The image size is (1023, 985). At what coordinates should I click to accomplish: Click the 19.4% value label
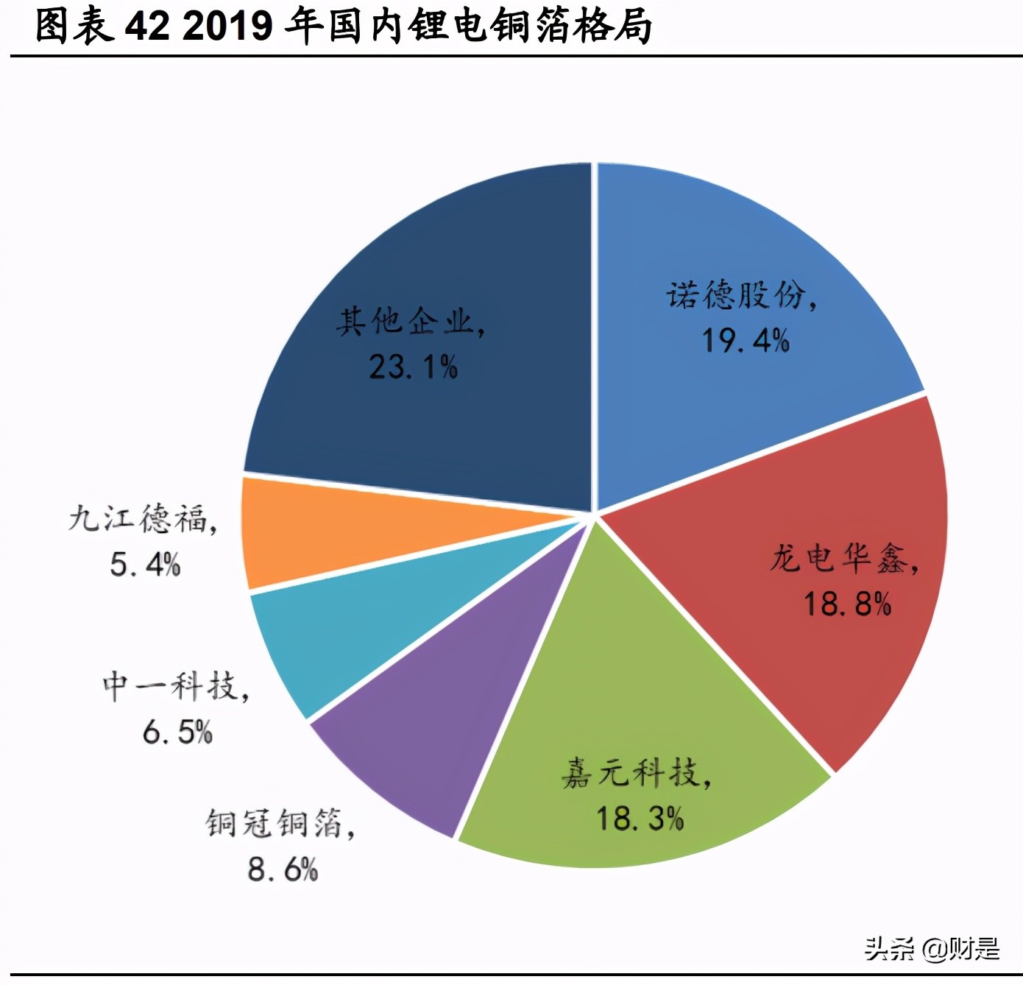[745, 341]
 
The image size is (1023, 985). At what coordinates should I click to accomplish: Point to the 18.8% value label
[846, 604]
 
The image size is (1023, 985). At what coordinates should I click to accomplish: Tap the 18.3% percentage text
[640, 819]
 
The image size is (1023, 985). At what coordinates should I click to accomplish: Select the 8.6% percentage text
[283, 870]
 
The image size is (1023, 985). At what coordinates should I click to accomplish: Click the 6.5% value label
[177, 732]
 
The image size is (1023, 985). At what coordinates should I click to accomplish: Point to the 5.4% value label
[145, 565]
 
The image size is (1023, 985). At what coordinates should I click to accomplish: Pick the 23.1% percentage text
[413, 367]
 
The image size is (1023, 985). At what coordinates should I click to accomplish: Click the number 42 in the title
[146, 27]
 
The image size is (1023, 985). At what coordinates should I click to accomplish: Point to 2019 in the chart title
[227, 27]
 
